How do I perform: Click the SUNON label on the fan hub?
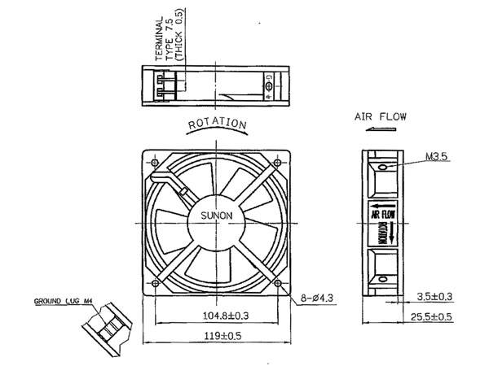coord(217,216)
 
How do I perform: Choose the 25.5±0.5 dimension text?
coord(431,317)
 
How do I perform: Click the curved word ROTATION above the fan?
coord(218,123)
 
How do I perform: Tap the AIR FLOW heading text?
coord(381,117)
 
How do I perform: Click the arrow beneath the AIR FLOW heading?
coord(379,129)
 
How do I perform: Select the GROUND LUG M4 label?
coord(65,302)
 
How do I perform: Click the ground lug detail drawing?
coord(105,329)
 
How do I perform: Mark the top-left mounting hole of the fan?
coord(152,161)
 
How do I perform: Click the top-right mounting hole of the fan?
coord(280,161)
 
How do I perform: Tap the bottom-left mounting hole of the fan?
coord(152,284)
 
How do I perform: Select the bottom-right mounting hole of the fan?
coord(280,284)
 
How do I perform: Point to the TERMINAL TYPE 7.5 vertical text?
coord(166,41)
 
